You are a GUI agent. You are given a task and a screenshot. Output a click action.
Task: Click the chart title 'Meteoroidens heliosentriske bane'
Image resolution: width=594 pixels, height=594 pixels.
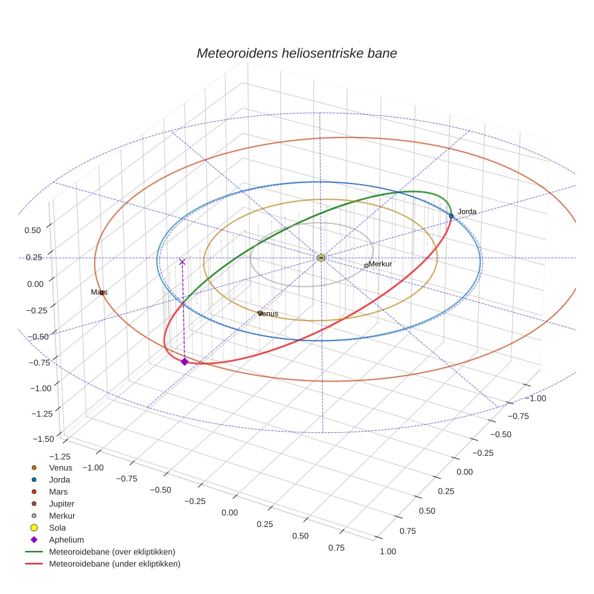coord(296,53)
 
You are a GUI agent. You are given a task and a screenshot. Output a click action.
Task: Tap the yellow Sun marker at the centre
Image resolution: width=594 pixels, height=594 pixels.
coord(321,258)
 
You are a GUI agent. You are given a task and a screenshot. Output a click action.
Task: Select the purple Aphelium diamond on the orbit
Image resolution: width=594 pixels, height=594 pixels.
coord(184,362)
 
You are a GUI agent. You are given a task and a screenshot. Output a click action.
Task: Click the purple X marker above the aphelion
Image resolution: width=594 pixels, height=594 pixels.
coord(182,262)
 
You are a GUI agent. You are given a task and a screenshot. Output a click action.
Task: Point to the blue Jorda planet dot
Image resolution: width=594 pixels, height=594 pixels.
coord(451,216)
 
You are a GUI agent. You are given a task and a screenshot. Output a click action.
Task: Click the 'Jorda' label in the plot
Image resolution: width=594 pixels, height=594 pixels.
coord(467,212)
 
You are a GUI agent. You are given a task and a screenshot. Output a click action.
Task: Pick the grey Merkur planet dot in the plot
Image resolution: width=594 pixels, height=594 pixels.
coord(366,266)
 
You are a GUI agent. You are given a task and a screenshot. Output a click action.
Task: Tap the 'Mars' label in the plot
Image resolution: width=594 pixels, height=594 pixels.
coord(99,292)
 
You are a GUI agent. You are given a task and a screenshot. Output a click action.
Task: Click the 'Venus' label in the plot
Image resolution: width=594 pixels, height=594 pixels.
coord(268,314)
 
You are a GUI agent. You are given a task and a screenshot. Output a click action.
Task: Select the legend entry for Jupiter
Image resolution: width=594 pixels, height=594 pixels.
coord(62,503)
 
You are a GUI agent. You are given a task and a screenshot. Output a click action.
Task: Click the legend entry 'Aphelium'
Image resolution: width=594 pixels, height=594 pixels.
coord(66,540)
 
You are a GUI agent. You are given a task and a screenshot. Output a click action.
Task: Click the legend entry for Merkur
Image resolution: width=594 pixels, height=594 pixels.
coord(62,516)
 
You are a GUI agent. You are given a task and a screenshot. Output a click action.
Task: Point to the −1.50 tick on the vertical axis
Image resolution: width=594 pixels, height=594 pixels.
coord(42,439)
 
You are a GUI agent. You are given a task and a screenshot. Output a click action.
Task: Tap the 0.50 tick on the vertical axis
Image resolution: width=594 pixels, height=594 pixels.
coord(33,230)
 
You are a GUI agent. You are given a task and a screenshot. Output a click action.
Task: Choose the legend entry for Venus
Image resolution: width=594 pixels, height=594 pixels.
coord(60,467)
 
